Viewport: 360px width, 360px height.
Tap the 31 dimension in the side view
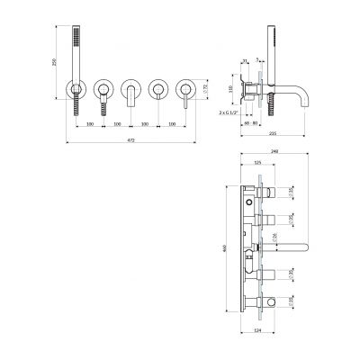pyautogui.click(x=245, y=62)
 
